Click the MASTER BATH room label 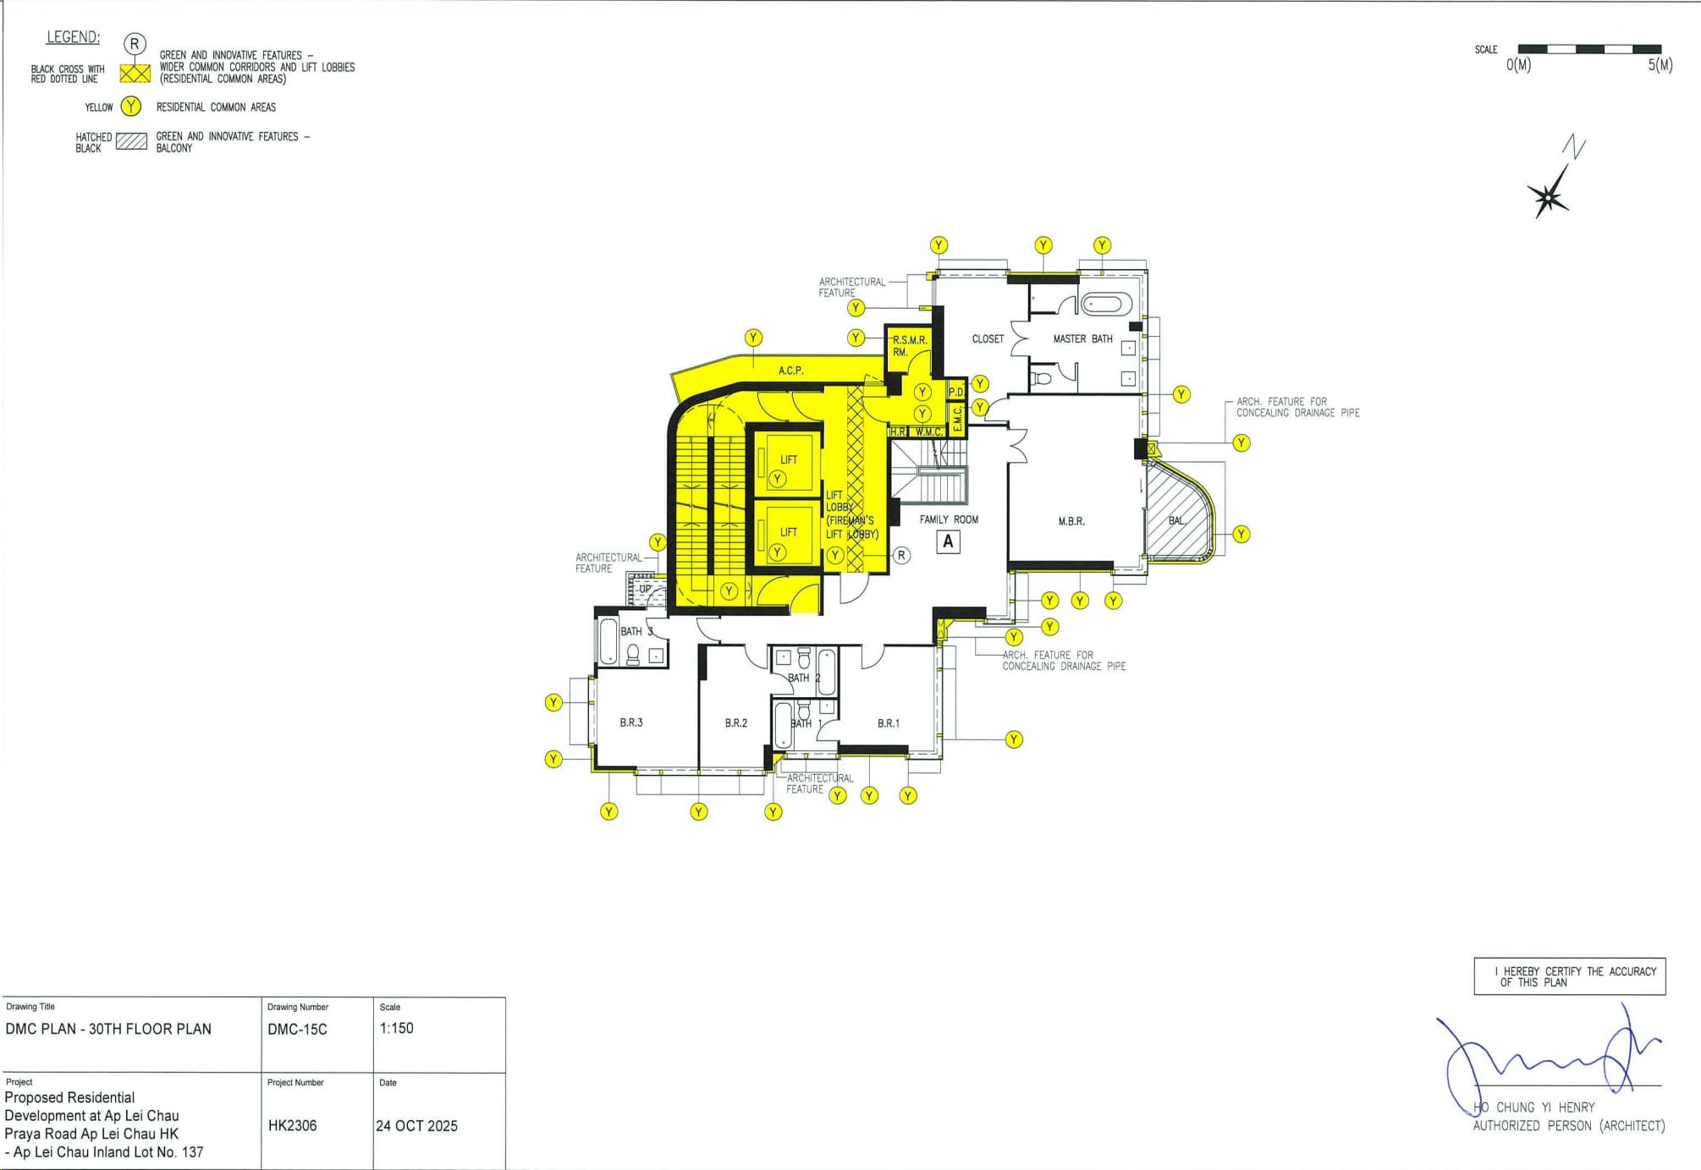tap(1082, 338)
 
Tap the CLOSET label tap(988, 338)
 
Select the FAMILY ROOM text tap(949, 519)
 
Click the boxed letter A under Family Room tap(948, 541)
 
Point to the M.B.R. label tap(1071, 521)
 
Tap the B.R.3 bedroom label tap(631, 722)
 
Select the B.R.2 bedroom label tap(736, 722)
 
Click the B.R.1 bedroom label tap(889, 723)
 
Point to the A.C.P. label tap(791, 371)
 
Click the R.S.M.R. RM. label tap(910, 346)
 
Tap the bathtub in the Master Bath tap(1106, 304)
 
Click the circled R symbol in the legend tap(135, 44)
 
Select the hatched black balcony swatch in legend tap(131, 141)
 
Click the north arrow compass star tap(1548, 196)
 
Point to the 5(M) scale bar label tap(1660, 65)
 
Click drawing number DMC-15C tap(297, 1030)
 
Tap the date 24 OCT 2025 tap(416, 1126)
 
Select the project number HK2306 tap(292, 1126)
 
